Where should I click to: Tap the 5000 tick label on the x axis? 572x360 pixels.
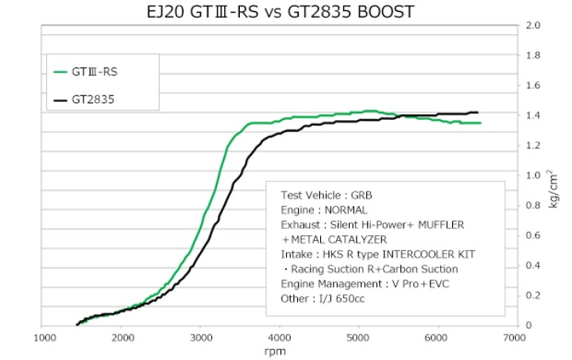tap(357, 337)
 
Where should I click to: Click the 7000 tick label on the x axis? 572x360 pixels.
tap(513, 337)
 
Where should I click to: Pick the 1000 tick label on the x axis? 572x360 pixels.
tap(43, 337)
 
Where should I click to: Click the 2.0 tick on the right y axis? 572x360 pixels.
tap(534, 25)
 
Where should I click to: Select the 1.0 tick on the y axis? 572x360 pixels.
tap(534, 176)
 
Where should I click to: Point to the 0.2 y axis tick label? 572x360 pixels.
tap(534, 296)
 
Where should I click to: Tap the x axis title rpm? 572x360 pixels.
tap(278, 350)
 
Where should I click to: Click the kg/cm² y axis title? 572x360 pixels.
tap(554, 192)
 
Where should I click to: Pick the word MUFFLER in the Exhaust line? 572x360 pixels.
tap(439, 225)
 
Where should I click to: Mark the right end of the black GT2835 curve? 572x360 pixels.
tap(477, 112)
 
